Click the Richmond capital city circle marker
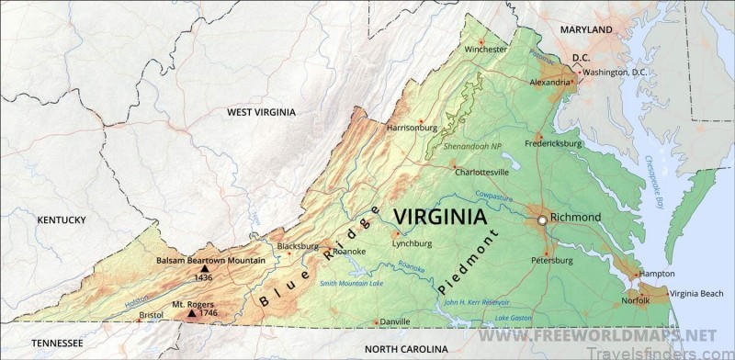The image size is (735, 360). (x=542, y=220)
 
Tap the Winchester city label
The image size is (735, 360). (x=485, y=49)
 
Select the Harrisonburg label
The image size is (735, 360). (x=412, y=128)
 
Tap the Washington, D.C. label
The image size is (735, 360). (x=619, y=72)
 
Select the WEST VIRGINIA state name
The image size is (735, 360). (x=262, y=112)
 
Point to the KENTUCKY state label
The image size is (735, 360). (x=62, y=219)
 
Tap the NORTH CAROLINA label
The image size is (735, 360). (x=406, y=350)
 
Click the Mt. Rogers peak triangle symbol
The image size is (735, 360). (x=191, y=313)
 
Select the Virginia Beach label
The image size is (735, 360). (x=696, y=294)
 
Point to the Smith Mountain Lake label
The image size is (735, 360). (x=352, y=284)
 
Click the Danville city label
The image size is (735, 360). (x=395, y=321)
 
